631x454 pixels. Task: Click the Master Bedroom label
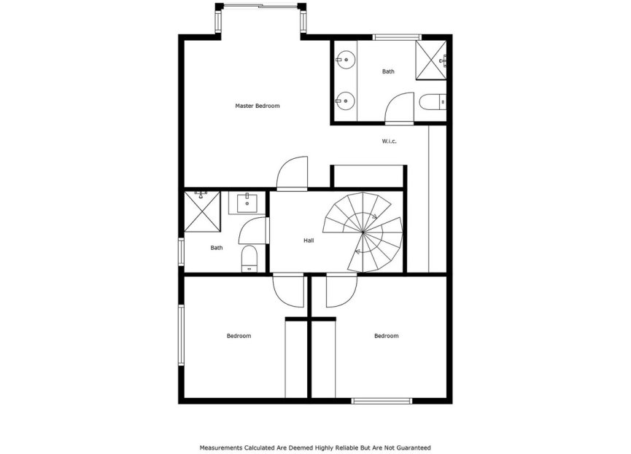[x=257, y=106]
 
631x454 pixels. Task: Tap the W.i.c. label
[x=389, y=141]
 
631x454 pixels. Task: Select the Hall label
[x=309, y=240]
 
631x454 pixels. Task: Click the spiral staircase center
[x=363, y=232]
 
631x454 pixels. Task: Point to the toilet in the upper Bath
[x=433, y=102]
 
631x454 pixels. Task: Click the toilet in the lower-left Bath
[x=249, y=258]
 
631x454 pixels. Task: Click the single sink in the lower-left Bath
[x=247, y=201]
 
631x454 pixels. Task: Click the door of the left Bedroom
[x=287, y=290]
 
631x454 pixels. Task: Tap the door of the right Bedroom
[x=340, y=290]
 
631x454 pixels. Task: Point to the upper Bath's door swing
[x=400, y=109]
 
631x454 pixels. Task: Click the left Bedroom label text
[x=239, y=336]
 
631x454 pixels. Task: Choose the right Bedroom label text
[x=386, y=336]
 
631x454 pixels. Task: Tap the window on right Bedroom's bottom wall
[x=382, y=400]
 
